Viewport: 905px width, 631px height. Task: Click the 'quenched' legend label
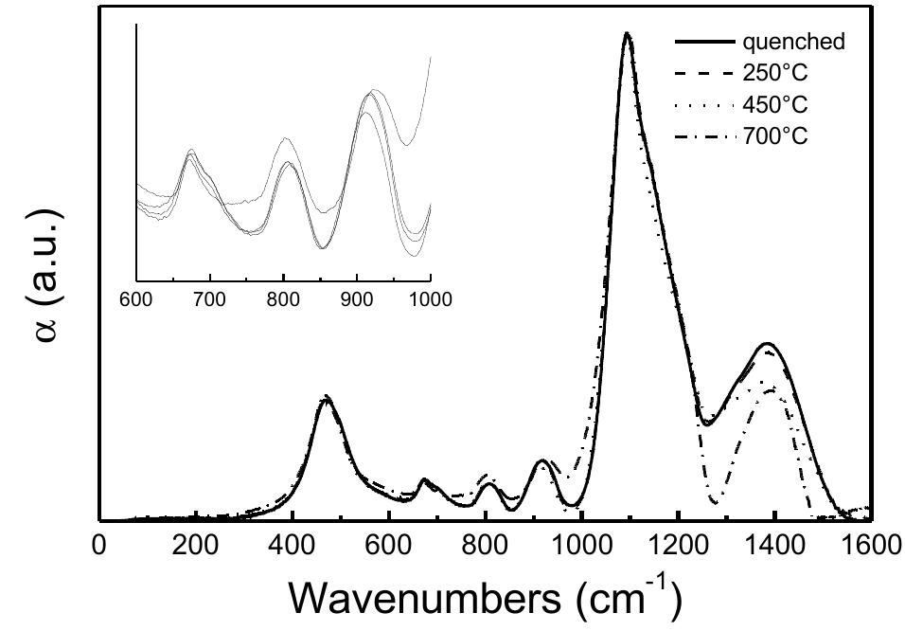(x=793, y=43)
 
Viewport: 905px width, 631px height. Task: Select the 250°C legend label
(x=775, y=73)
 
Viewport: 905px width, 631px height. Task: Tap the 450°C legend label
(x=775, y=104)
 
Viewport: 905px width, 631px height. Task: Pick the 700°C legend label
(x=775, y=135)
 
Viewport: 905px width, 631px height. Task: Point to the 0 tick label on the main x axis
(x=98, y=547)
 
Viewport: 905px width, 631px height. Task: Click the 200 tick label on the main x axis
(x=195, y=547)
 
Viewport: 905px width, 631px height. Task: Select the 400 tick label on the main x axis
(x=292, y=547)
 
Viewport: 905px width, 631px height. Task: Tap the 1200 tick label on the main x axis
(x=678, y=547)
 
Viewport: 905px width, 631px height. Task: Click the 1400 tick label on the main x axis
(x=774, y=547)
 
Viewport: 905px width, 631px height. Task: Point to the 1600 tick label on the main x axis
(x=870, y=547)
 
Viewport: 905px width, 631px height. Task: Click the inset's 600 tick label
(x=137, y=300)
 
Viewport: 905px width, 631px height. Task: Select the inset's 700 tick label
(x=210, y=300)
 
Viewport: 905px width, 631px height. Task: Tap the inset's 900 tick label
(x=357, y=300)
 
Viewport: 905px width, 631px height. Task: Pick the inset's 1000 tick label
(x=431, y=300)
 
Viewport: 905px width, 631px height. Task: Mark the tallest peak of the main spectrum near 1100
(x=627, y=34)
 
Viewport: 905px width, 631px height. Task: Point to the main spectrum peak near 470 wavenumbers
(x=326, y=398)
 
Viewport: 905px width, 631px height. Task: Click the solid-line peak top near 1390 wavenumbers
(x=768, y=343)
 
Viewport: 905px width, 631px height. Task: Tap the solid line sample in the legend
(x=703, y=43)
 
